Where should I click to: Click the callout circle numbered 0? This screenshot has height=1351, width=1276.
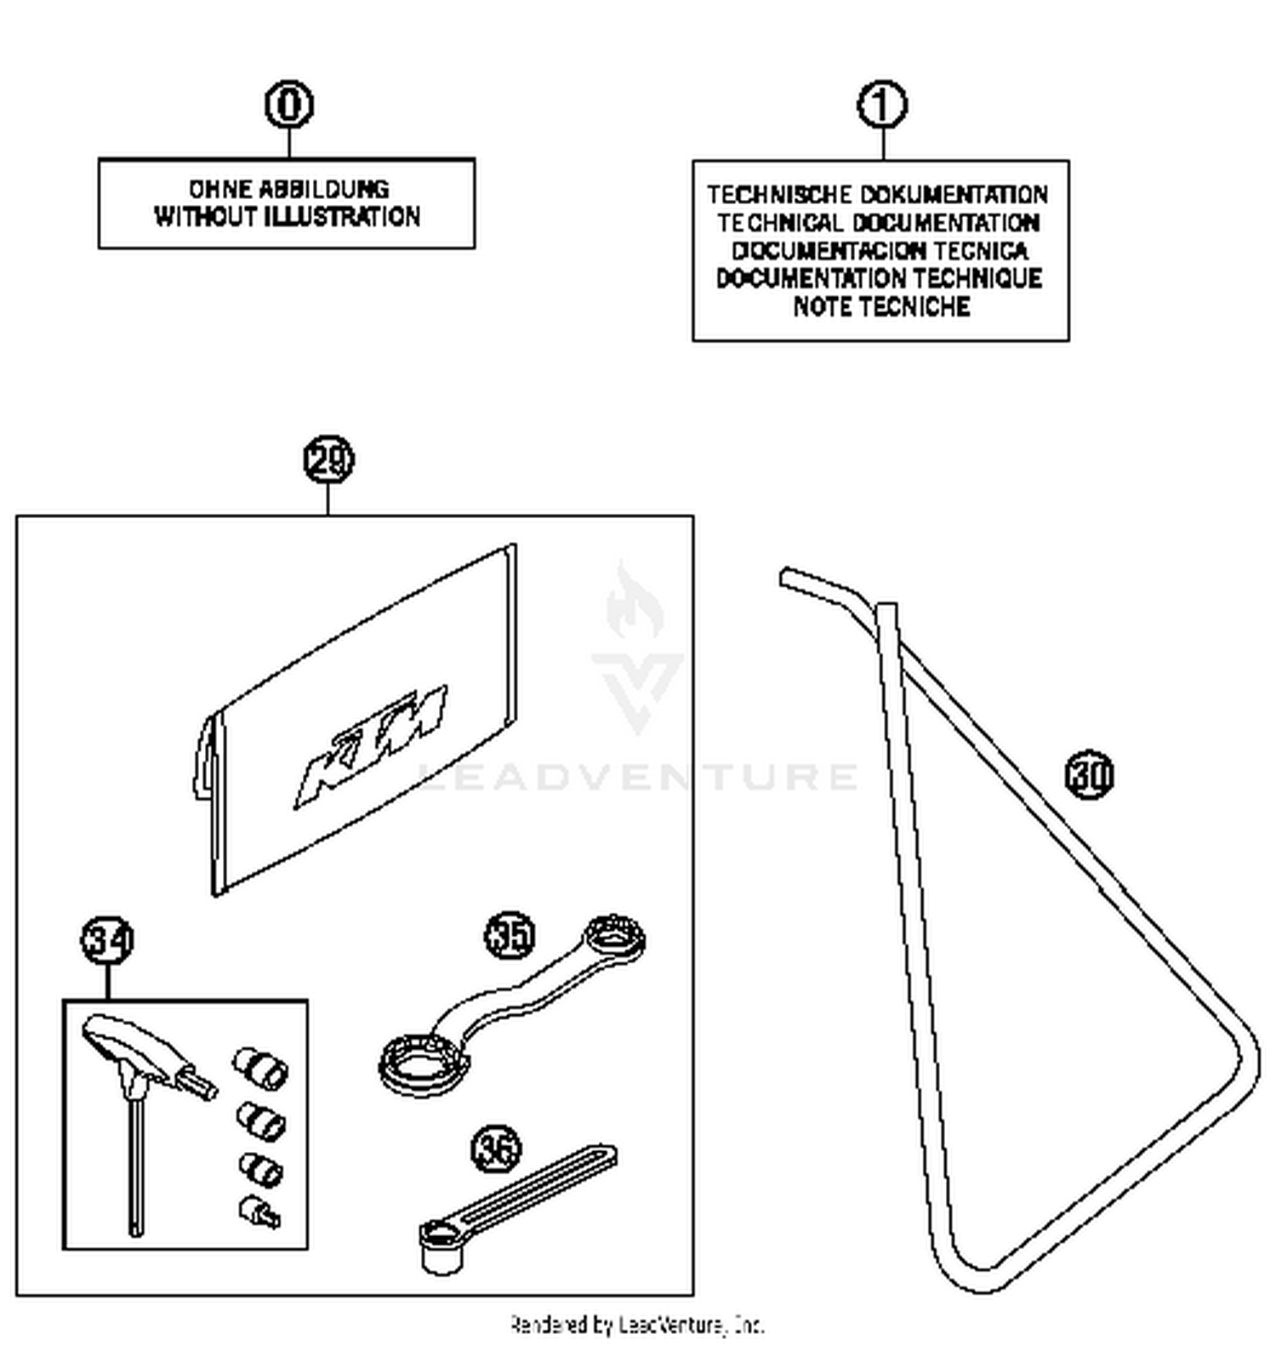(289, 105)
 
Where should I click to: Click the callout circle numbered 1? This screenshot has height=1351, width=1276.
(882, 105)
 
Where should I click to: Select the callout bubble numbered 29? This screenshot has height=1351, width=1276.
(328, 459)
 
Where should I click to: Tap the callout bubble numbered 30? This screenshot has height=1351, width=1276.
(1089, 774)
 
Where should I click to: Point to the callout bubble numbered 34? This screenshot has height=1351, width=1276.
(108, 941)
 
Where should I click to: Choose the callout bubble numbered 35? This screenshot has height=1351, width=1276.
(510, 935)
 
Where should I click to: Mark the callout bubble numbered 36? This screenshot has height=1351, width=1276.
(497, 1149)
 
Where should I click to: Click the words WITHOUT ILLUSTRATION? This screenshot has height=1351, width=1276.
(287, 217)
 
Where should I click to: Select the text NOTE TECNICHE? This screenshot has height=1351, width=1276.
(881, 306)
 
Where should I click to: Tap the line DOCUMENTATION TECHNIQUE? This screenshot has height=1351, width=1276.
(880, 278)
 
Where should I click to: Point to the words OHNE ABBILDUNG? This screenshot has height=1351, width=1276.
(288, 189)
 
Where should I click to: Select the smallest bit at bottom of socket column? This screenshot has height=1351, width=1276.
(259, 1212)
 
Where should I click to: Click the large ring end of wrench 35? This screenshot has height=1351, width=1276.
(423, 1063)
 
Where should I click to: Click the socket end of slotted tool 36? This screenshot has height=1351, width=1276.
(441, 1247)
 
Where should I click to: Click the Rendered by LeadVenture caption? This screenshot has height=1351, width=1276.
(637, 1325)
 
